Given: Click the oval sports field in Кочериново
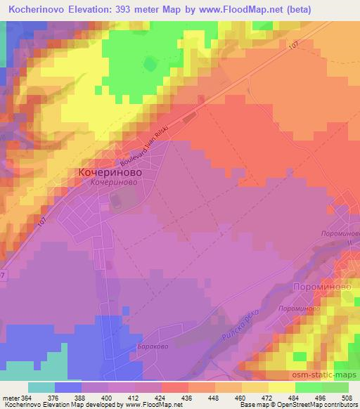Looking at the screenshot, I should [x=114, y=202].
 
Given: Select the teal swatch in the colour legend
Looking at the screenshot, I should [x=41, y=387].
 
